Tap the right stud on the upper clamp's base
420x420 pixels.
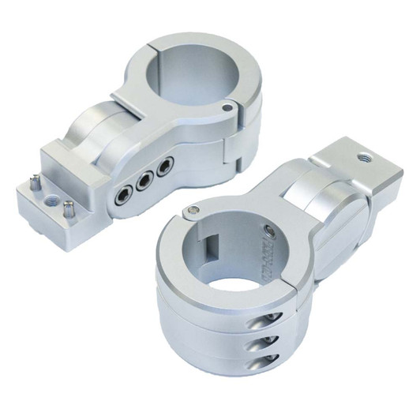tap(68, 208)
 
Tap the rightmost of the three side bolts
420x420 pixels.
tap(164, 167)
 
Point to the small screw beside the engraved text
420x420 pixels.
tap(272, 229)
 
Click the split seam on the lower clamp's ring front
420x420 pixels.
tap(295, 295)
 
